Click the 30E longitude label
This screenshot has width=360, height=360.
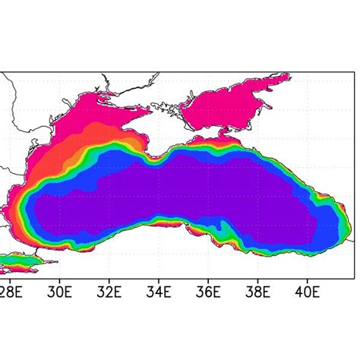pos(59,290)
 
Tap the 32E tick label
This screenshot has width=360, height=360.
pos(109,290)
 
